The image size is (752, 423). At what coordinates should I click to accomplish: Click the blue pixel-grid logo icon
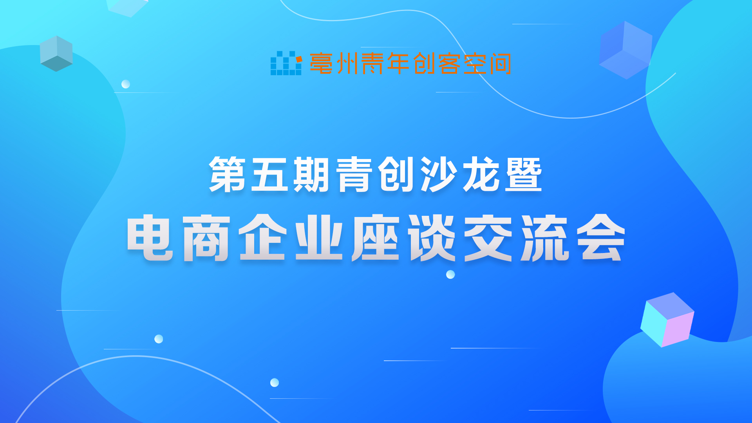[286, 63]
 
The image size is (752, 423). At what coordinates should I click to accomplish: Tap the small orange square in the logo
[299, 59]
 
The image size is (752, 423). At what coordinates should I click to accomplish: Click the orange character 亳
[321, 63]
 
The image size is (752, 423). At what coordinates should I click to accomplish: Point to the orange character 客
[449, 63]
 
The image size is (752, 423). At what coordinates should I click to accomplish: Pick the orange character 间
[500, 63]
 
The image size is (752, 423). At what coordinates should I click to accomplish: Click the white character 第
[227, 174]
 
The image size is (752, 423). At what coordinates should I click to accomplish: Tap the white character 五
[269, 174]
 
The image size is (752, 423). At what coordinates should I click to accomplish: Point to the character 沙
[439, 174]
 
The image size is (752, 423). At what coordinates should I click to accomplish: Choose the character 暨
[523, 174]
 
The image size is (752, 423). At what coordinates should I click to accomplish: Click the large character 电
[150, 238]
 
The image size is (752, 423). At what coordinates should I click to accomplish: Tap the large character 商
[206, 238]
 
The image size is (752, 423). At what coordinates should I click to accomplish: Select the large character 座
[375, 238]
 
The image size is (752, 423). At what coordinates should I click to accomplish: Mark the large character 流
[544, 238]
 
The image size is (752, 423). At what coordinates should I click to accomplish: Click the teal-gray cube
[56, 54]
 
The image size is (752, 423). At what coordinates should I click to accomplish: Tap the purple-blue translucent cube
[625, 50]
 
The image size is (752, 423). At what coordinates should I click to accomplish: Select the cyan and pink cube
[667, 320]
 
